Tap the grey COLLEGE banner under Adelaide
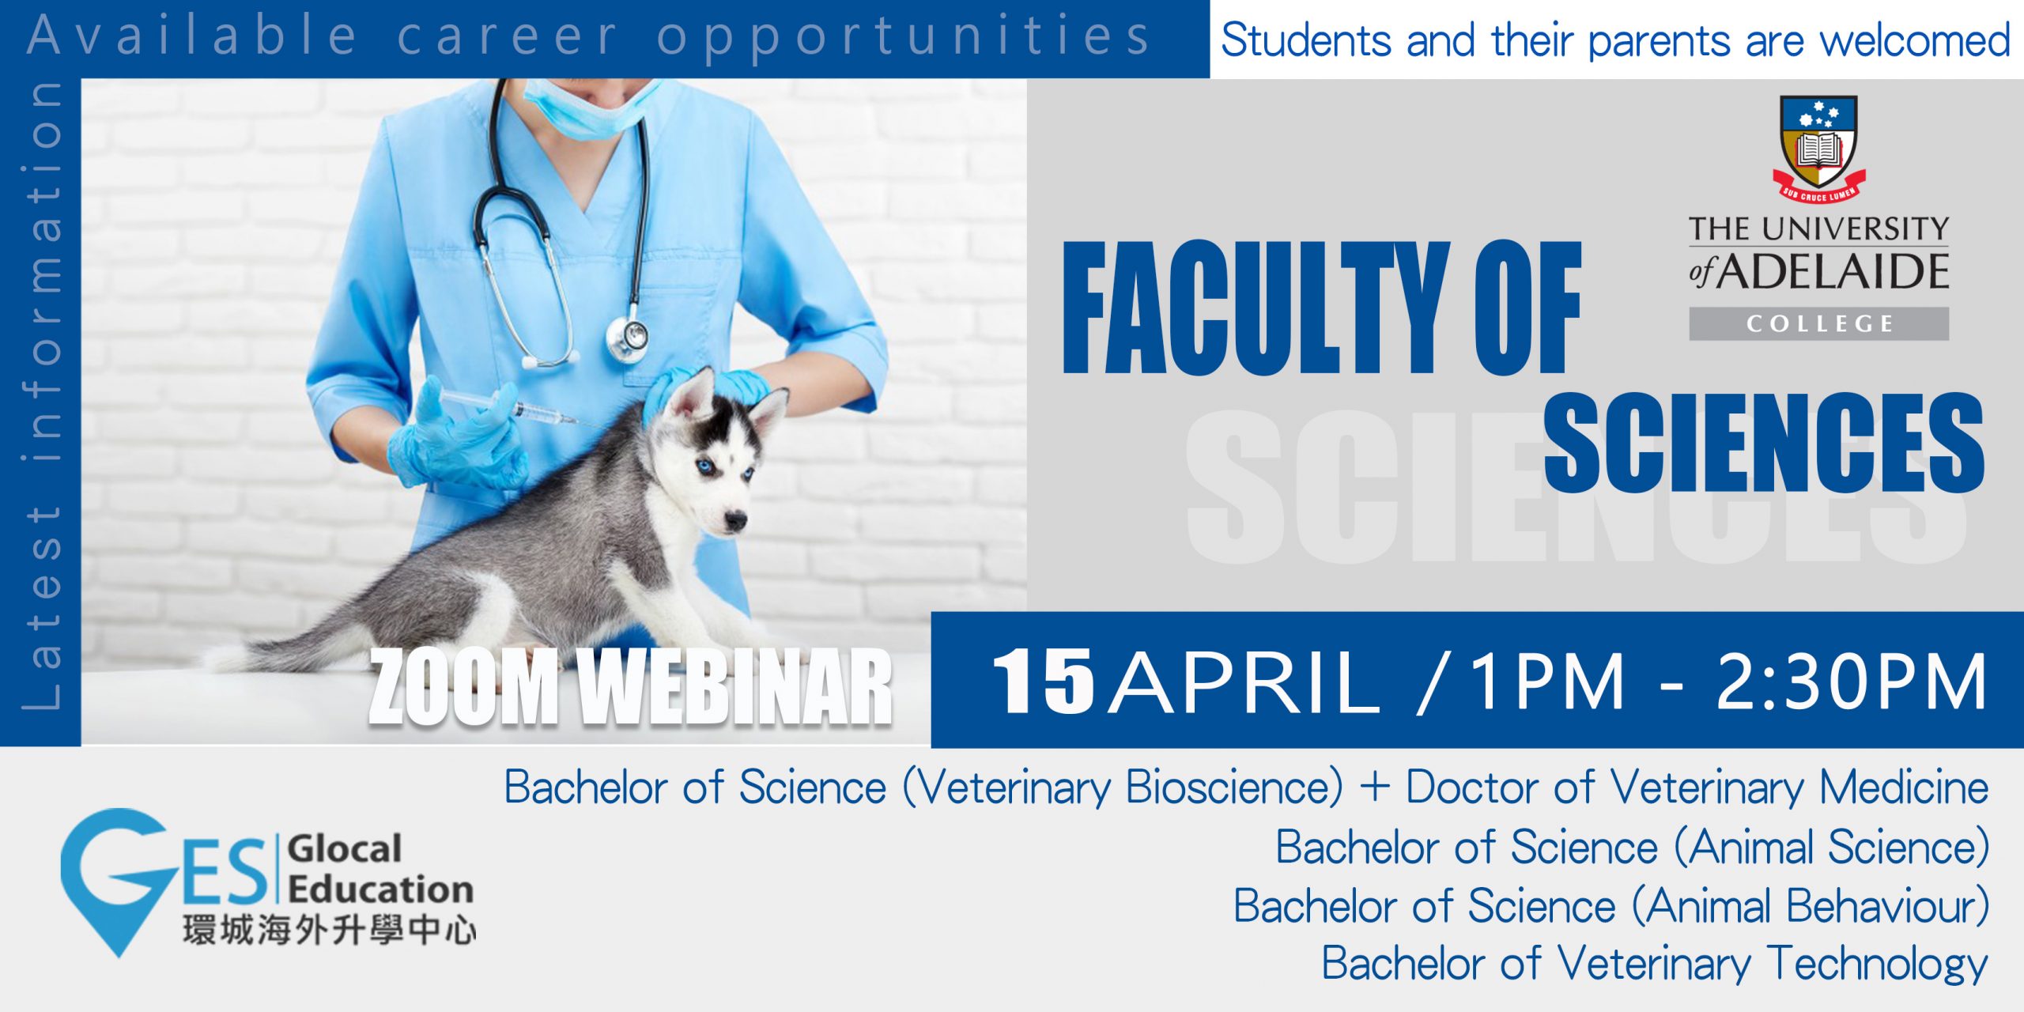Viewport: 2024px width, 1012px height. [1818, 323]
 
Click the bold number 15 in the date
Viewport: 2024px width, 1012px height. [1043, 681]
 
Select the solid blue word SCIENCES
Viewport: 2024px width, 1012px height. [1764, 442]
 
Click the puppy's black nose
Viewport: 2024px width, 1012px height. [735, 520]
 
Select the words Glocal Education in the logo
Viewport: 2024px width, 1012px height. [380, 869]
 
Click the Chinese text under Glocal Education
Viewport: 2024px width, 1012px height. [329, 930]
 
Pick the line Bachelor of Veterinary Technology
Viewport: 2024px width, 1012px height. [1655, 964]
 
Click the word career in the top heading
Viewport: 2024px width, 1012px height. [506, 37]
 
